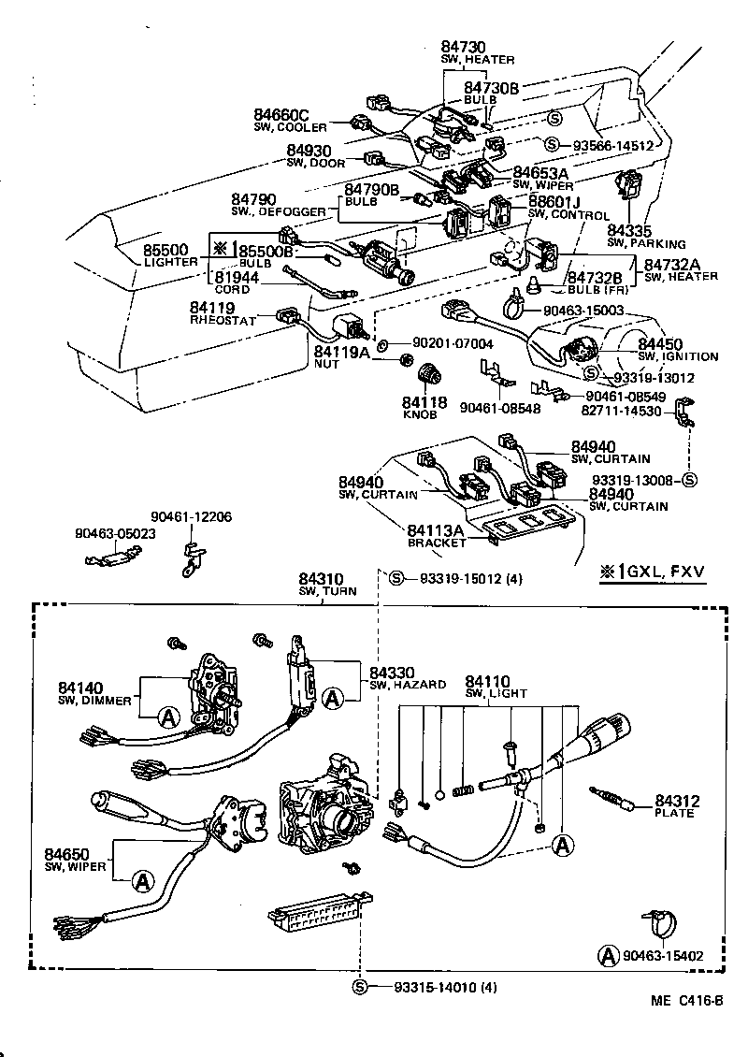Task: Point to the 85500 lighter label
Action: click(165, 251)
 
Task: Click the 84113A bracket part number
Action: click(437, 530)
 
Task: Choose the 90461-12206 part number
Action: click(192, 516)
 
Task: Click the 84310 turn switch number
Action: click(321, 579)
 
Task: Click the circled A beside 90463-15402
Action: click(609, 955)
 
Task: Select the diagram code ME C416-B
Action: click(687, 1000)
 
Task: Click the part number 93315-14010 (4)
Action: click(445, 987)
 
